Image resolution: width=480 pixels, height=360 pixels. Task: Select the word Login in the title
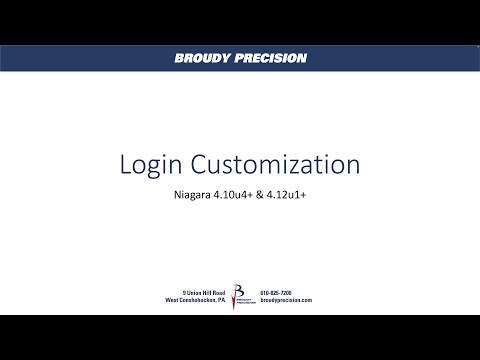[150, 164]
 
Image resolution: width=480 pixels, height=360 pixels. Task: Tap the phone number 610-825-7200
[277, 291]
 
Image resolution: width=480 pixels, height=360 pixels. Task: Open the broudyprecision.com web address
[286, 300]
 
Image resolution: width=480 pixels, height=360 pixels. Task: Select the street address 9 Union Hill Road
[197, 291]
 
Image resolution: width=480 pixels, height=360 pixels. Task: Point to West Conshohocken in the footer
[186, 300]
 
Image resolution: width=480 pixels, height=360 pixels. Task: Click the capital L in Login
[125, 164]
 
